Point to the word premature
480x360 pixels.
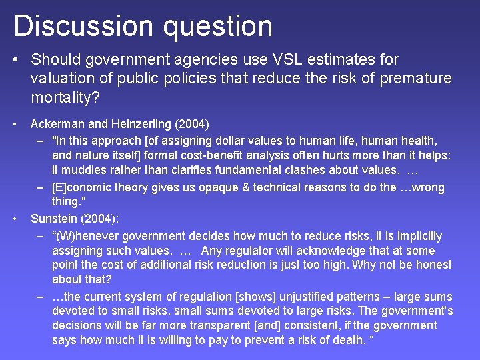pos(415,79)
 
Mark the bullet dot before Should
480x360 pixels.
pos(15,60)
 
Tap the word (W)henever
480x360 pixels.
pos(88,236)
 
